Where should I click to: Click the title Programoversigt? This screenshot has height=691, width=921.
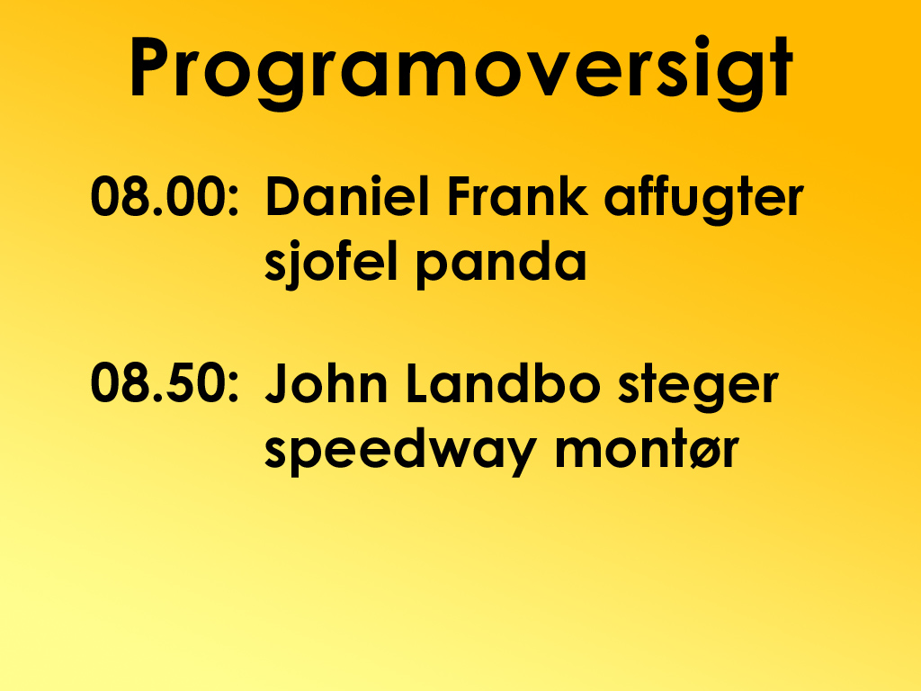pyautogui.click(x=461, y=70)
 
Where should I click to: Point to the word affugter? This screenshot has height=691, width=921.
pyautogui.click(x=703, y=200)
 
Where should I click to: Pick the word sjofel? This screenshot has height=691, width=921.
pyautogui.click(x=332, y=264)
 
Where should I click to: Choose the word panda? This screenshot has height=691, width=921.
pyautogui.click(x=501, y=266)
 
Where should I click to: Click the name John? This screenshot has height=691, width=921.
pyautogui.click(x=326, y=382)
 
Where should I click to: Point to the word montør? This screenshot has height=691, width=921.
pyautogui.click(x=647, y=451)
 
